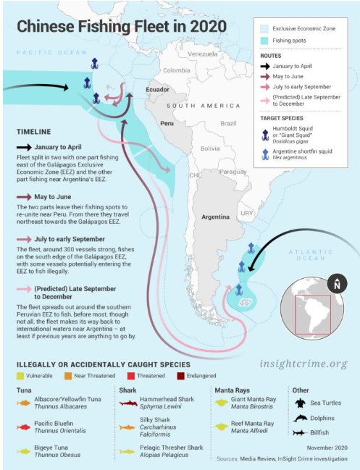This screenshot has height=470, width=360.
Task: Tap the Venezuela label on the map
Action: point(201,54)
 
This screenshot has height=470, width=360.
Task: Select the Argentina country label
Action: point(214,217)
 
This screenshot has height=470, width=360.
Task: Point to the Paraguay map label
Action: point(233,172)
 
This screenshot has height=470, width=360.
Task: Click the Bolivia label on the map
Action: point(210,148)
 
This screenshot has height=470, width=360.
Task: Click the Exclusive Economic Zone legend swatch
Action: point(265,28)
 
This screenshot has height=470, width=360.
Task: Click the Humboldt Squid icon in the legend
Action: point(267,133)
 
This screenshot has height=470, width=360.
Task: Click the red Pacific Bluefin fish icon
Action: point(24,428)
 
